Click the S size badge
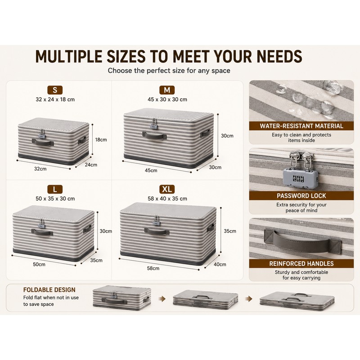pyautogui.click(x=55, y=90)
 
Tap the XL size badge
pyautogui.click(x=167, y=189)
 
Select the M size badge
pyautogui.click(x=167, y=90)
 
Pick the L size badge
pyautogui.click(x=55, y=189)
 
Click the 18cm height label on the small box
pyautogui.click(x=101, y=139)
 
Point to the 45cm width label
pyautogui.click(x=151, y=171)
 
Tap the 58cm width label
pyautogui.click(x=153, y=268)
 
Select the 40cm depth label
pyautogui.click(x=220, y=264)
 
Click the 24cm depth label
pyautogui.click(x=91, y=165)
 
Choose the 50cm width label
pyautogui.click(x=39, y=264)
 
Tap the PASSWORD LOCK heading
pyautogui.click(x=301, y=196)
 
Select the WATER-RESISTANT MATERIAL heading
pyautogui.click(x=301, y=126)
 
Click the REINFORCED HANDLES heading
pyautogui.click(x=301, y=264)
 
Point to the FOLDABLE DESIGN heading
pyautogui.click(x=49, y=290)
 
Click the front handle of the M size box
pyautogui.click(x=154, y=136)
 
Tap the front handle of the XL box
pyautogui.click(x=157, y=231)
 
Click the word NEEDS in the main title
pyautogui.click(x=279, y=57)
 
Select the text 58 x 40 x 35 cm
pyautogui.click(x=167, y=198)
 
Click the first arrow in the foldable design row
pyautogui.click(x=162, y=299)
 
